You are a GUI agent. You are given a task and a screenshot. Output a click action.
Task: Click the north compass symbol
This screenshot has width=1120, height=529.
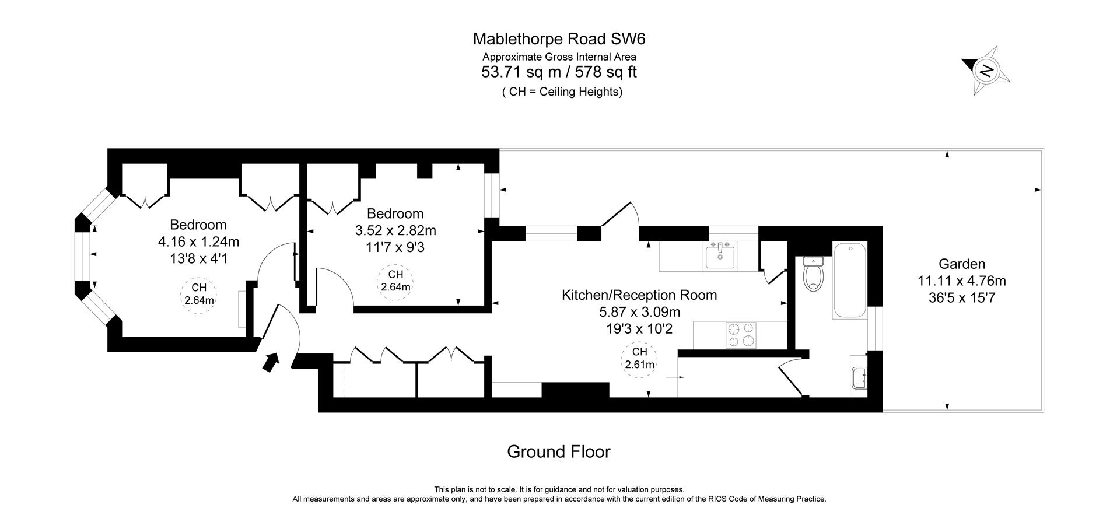(986, 71)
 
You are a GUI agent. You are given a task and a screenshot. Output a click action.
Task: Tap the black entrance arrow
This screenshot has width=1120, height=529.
(269, 362)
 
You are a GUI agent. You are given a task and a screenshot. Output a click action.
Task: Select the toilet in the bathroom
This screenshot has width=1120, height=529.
(813, 275)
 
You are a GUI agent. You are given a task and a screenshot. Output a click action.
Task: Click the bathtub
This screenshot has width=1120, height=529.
(849, 281)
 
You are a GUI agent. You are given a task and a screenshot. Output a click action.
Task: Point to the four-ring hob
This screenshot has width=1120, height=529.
(741, 335)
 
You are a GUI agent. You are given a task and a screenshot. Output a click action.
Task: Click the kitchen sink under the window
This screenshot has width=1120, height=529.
(720, 255)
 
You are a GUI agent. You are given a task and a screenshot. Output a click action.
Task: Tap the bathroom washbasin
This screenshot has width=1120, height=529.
(858, 378)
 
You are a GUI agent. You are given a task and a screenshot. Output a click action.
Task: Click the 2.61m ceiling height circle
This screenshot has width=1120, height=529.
(639, 359)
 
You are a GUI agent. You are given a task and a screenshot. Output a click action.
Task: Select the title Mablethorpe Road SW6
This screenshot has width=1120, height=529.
(559, 39)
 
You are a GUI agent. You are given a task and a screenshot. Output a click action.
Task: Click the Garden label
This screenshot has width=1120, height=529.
(961, 264)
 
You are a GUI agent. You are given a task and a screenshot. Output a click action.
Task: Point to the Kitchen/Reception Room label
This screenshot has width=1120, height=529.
(639, 295)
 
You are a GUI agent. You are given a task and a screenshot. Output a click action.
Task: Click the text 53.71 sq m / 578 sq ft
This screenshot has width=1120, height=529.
(559, 72)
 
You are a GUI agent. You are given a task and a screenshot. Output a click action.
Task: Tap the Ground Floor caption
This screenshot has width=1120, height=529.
(558, 451)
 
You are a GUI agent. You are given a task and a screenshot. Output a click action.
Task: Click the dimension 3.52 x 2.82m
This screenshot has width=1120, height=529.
(395, 230)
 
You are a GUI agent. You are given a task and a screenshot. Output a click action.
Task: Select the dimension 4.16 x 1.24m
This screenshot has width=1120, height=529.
(198, 241)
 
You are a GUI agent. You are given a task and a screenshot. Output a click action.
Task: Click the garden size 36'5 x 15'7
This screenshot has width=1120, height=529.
(961, 298)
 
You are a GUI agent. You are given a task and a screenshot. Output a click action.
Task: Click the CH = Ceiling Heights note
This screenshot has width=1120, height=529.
(562, 92)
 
